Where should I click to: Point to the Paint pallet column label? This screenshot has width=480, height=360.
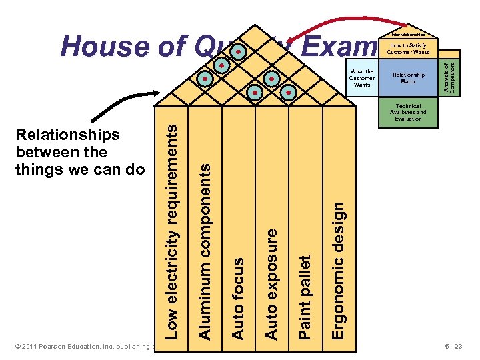pos(305,296)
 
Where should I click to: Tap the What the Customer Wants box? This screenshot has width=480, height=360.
pos(362,78)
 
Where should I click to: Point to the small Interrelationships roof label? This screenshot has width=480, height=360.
pos(408,34)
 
